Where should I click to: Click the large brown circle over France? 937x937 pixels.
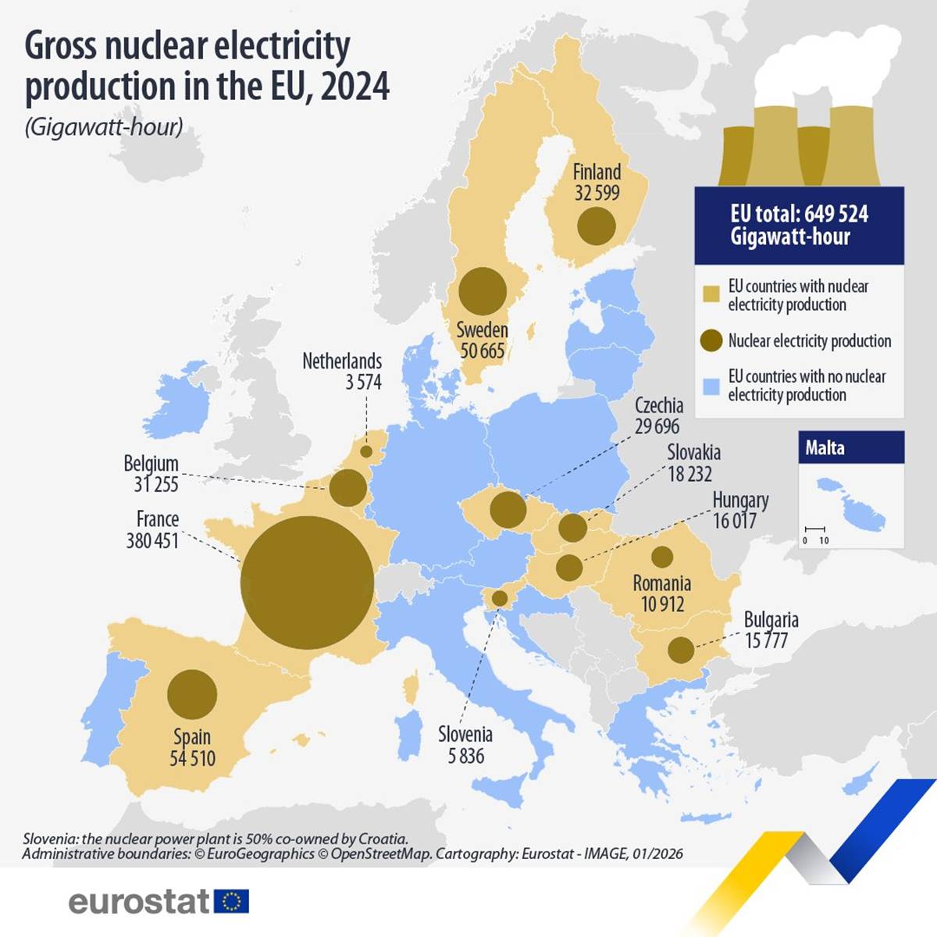click(x=307, y=583)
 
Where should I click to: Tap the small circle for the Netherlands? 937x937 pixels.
click(x=366, y=451)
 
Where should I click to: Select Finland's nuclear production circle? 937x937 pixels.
click(x=597, y=226)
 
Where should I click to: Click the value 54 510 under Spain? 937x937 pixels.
click(x=192, y=757)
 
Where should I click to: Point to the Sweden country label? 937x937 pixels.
click(x=482, y=330)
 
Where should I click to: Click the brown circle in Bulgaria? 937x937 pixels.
click(x=681, y=650)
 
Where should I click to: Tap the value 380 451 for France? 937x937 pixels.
click(x=152, y=540)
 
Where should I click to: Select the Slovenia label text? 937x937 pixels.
click(x=465, y=734)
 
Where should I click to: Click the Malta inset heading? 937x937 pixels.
click(x=825, y=447)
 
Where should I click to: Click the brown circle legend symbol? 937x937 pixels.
click(x=711, y=340)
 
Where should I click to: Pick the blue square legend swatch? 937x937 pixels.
click(x=711, y=386)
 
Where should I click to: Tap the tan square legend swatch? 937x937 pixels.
click(x=711, y=295)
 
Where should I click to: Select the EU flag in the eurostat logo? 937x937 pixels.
click(x=231, y=901)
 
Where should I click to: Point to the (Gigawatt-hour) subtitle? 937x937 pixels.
click(x=104, y=126)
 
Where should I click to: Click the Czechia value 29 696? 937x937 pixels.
click(x=657, y=426)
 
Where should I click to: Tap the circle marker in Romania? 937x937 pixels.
click(x=662, y=557)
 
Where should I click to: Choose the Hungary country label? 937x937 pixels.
click(x=740, y=500)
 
